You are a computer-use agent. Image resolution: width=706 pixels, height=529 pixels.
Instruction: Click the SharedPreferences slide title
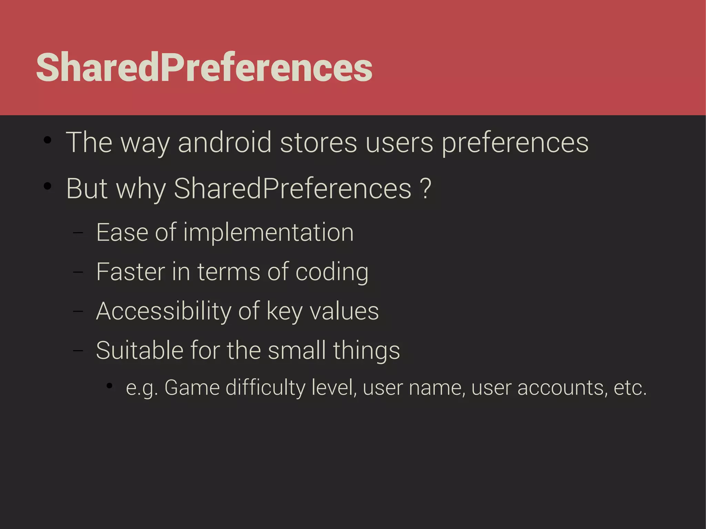204,68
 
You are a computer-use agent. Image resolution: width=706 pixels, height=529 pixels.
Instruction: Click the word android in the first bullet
224,142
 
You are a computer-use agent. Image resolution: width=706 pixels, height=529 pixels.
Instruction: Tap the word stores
318,142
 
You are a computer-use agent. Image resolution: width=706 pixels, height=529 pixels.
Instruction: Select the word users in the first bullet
399,142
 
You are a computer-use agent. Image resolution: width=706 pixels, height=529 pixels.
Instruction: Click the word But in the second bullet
87,189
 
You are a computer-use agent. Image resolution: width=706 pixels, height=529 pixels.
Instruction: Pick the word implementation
268,232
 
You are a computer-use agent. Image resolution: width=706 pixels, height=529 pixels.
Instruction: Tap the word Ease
122,232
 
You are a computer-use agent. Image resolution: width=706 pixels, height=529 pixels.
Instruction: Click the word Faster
130,272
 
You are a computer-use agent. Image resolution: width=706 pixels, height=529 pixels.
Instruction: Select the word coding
332,272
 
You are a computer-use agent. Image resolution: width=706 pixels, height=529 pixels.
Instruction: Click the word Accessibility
163,311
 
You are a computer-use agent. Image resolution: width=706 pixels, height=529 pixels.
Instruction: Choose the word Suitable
139,350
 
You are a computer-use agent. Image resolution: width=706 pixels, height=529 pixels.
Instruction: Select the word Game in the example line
192,388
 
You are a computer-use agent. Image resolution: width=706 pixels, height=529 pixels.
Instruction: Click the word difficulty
265,388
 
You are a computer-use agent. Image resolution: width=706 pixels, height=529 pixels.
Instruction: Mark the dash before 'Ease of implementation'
78,233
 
